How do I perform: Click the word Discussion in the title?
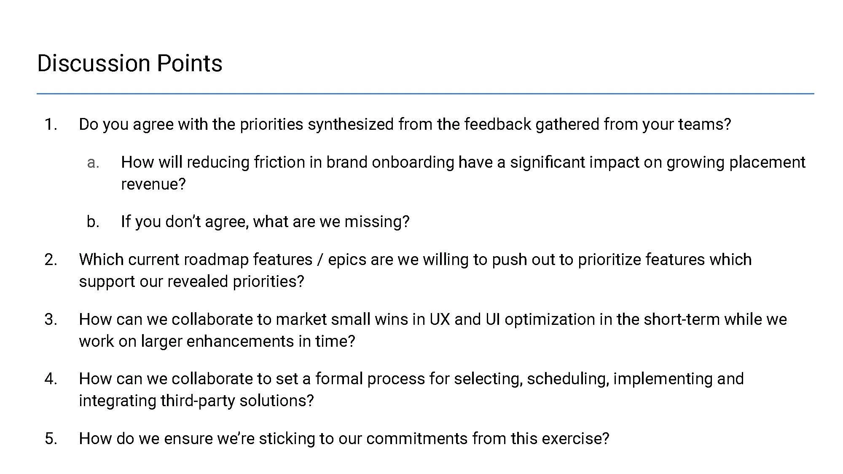tap(94, 63)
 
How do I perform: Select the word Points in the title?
tap(189, 63)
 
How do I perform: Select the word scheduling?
tap(568, 379)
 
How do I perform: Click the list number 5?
tap(51, 439)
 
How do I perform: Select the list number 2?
tap(51, 260)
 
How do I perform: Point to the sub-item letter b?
tap(92, 222)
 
